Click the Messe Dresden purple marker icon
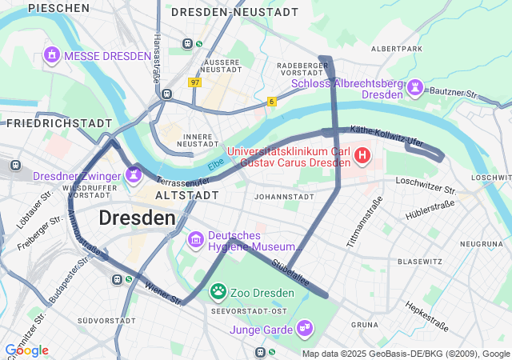coord(52,55)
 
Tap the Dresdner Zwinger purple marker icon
coord(132,174)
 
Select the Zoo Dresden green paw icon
coord(218,291)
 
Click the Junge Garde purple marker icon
coord(304,327)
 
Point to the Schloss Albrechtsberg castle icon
coord(414,86)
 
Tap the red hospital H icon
coord(362,154)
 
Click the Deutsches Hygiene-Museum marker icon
coord(196,239)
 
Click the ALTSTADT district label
coord(186,195)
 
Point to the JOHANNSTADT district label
coord(282,196)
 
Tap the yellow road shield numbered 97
coord(195,82)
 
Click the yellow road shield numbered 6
coord(272,102)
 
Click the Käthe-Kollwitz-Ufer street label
coord(386,135)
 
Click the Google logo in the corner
coord(26,350)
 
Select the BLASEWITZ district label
coord(420,262)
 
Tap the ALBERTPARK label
coord(396,49)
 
